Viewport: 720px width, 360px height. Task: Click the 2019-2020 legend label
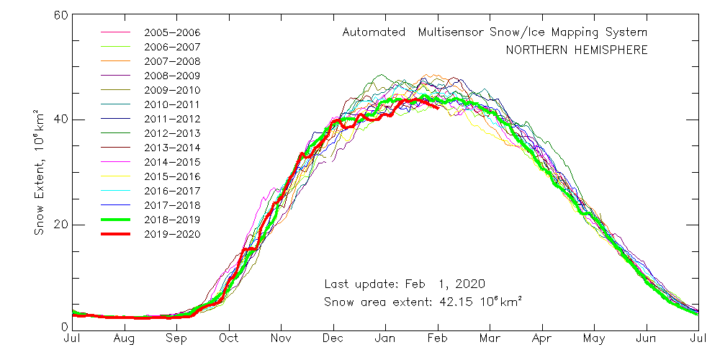pos(172,234)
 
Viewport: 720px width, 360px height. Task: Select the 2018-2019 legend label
pos(172,220)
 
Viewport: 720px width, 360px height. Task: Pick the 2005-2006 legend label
pos(172,32)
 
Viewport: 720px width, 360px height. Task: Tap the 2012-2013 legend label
pos(172,133)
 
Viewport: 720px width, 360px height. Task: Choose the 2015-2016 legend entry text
pos(172,176)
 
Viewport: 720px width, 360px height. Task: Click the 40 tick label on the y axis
pos(59,120)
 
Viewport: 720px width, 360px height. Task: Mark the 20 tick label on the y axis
pos(59,224)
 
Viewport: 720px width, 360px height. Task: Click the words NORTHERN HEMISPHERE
pos(576,50)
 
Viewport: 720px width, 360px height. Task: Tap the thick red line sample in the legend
pos(116,234)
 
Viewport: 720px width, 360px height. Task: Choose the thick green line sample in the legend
pos(116,220)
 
